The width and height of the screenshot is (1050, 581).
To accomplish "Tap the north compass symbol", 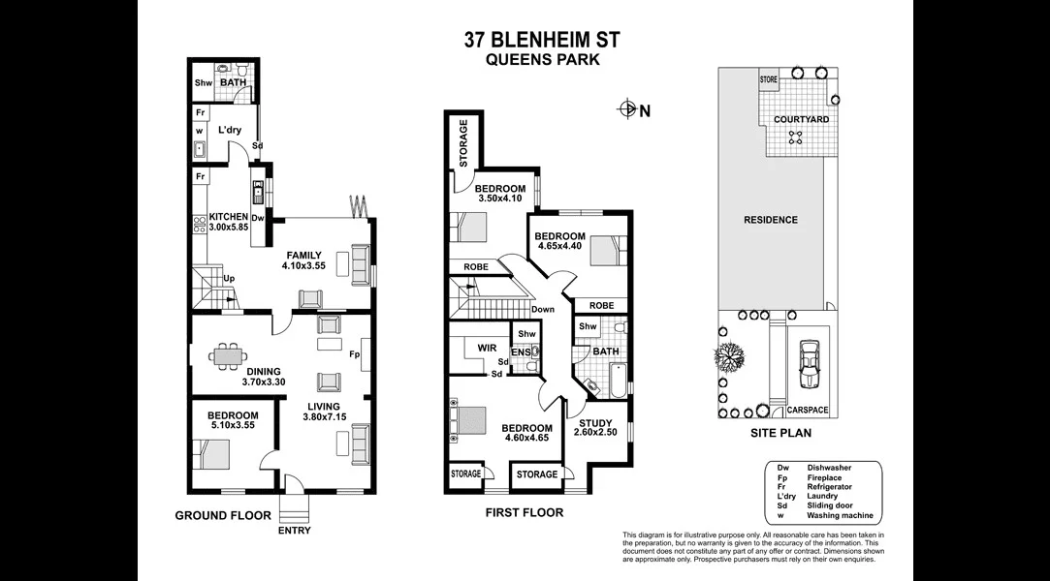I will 628,109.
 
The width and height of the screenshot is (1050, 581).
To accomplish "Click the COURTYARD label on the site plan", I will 801,120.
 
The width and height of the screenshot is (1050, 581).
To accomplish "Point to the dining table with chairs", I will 229,356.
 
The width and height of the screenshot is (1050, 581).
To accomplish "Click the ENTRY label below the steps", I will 295,531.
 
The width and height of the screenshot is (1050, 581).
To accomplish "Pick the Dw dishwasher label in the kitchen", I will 258,218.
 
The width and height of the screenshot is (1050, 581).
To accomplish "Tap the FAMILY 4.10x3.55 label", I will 302,260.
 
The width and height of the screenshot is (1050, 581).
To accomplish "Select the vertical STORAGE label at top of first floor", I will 463,142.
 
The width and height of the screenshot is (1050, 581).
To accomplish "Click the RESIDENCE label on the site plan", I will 771,220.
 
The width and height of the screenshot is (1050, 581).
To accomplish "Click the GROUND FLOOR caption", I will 223,515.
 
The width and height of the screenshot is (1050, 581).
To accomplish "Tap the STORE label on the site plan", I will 768,78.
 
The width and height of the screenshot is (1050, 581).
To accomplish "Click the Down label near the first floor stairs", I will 542,310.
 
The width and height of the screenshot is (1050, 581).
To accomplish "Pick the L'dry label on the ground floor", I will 230,130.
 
